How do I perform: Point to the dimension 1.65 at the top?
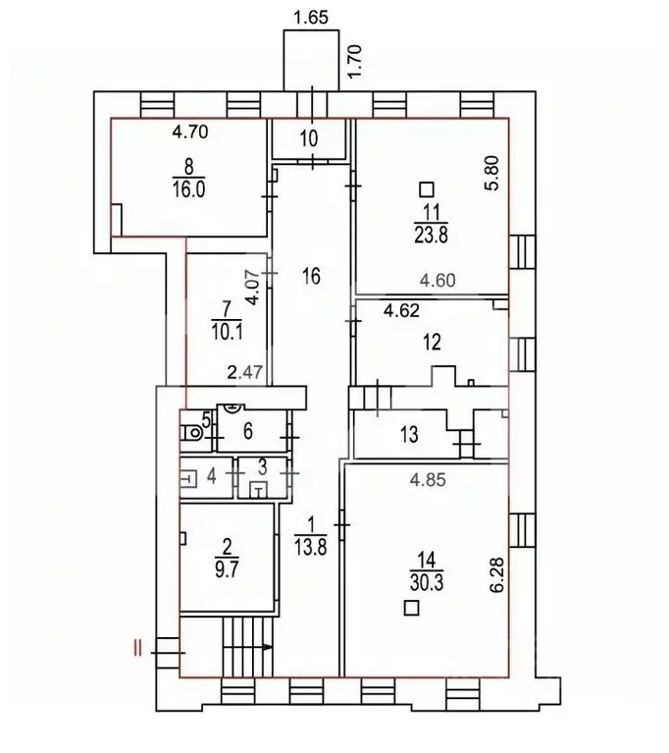pyautogui.click(x=312, y=16)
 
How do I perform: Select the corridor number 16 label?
pyautogui.click(x=311, y=276)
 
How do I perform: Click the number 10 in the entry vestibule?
pyautogui.click(x=309, y=138)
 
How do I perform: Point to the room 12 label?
pyautogui.click(x=432, y=342)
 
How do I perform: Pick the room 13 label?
pyautogui.click(x=410, y=434)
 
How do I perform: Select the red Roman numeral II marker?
pyautogui.click(x=138, y=647)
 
